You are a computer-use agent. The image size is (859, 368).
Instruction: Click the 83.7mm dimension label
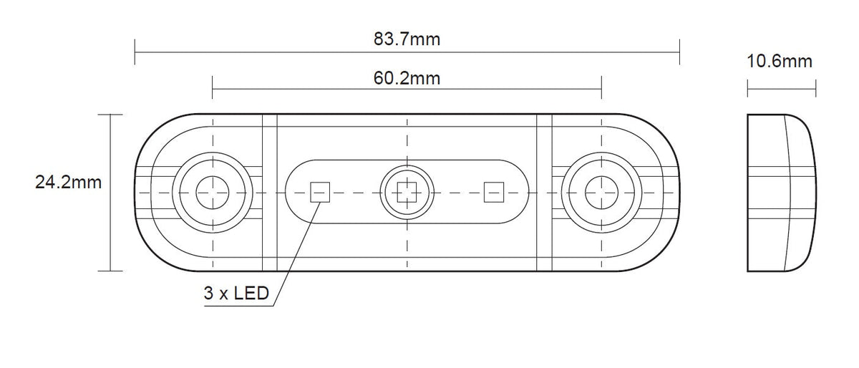tap(407, 39)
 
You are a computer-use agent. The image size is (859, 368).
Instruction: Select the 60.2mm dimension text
tap(407, 78)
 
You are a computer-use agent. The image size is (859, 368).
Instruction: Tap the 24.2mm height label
tap(68, 183)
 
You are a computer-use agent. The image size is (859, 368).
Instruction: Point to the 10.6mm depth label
tap(780, 62)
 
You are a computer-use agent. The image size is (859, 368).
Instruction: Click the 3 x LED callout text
tap(236, 293)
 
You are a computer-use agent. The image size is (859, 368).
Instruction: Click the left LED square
tap(320, 193)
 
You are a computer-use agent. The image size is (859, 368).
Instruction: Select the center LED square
tap(407, 193)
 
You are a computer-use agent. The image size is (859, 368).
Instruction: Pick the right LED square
tap(494, 193)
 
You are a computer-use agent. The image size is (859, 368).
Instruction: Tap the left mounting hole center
tap(213, 193)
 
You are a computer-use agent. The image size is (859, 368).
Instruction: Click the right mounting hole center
tap(602, 193)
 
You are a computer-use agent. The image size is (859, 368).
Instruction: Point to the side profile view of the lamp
tap(782, 193)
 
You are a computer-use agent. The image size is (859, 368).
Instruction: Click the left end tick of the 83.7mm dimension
tap(135, 52)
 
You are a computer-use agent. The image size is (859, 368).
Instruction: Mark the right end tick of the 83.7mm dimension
tap(679, 52)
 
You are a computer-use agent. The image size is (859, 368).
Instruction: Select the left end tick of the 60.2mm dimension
tap(213, 88)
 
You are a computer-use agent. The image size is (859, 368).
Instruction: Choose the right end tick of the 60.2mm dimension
tap(602, 88)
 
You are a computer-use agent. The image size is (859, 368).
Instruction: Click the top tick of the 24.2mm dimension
tap(110, 115)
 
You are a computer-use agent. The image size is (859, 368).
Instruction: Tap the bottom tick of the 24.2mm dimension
tap(110, 271)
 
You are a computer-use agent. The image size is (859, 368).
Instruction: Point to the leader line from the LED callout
tap(297, 254)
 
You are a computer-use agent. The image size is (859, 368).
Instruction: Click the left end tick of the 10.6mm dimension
tap(748, 89)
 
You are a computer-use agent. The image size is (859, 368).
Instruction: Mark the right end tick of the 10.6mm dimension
tap(815, 89)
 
